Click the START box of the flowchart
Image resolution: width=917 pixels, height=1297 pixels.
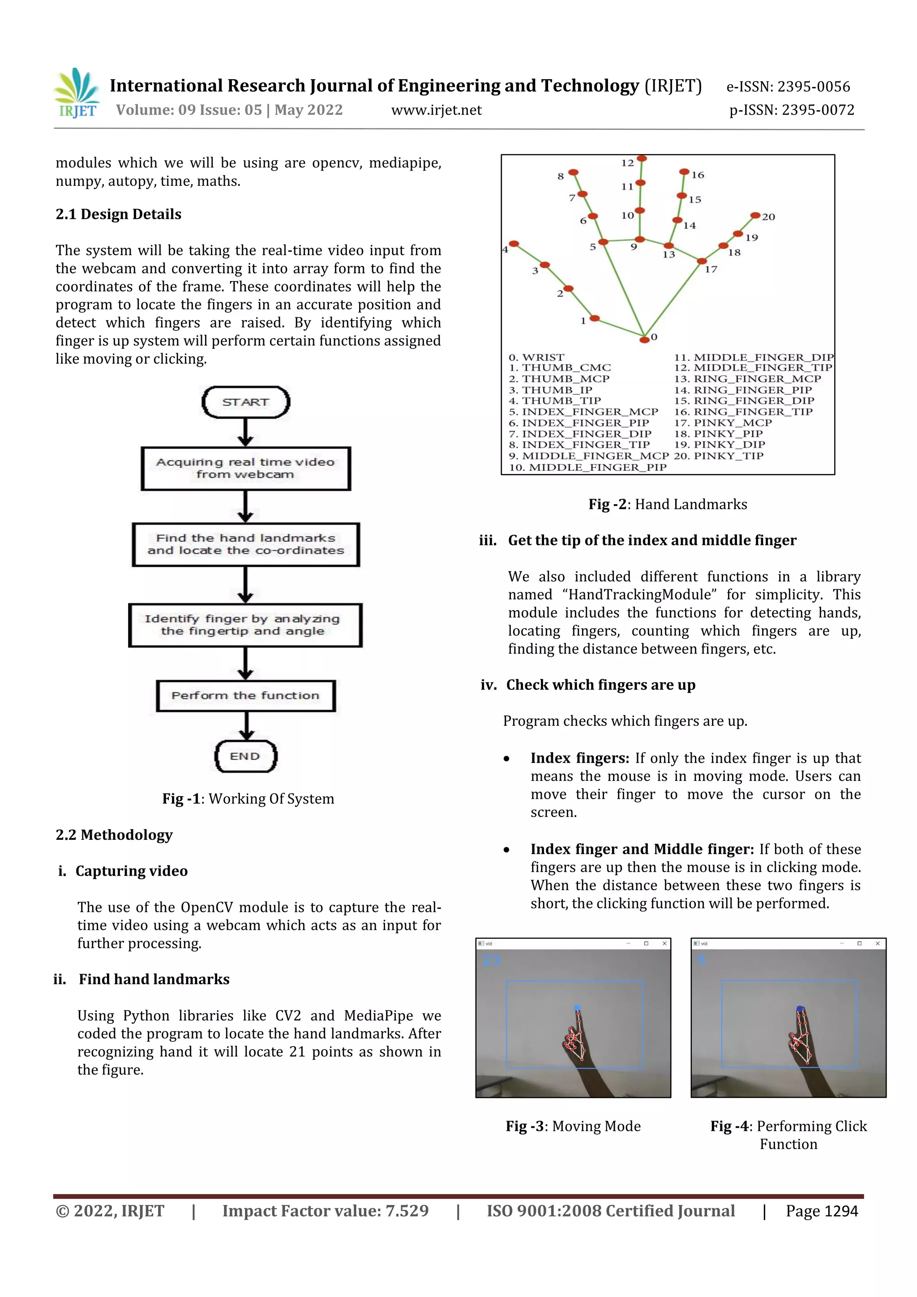(x=246, y=402)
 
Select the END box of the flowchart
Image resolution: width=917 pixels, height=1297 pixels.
(x=246, y=756)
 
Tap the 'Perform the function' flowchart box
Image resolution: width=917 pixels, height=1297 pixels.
(x=246, y=695)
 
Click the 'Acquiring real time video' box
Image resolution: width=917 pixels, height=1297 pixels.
(x=246, y=468)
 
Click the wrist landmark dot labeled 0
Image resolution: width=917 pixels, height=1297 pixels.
(x=644, y=339)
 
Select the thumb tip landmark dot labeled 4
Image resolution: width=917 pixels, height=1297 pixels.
(x=514, y=244)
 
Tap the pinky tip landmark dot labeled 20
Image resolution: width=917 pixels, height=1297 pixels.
(x=755, y=215)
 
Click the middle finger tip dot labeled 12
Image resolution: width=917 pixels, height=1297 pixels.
(x=642, y=159)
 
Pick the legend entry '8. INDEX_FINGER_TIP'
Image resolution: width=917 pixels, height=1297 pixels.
(x=579, y=445)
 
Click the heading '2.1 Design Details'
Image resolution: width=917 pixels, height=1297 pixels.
(x=119, y=214)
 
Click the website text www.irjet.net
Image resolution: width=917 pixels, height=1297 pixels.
(x=436, y=110)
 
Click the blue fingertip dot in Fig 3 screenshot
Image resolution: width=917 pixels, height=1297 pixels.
(x=577, y=1007)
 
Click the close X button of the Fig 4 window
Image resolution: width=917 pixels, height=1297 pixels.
(x=878, y=943)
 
